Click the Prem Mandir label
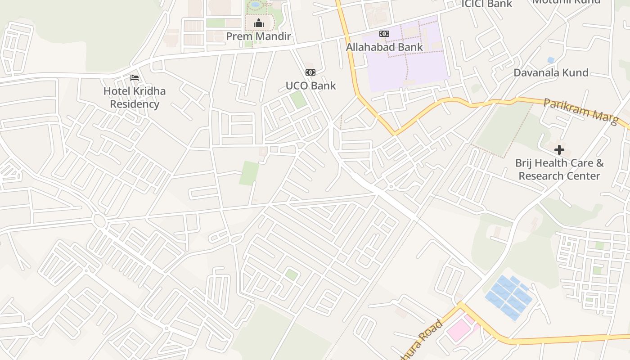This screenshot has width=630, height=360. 258,36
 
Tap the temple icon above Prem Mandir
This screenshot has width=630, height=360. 258,23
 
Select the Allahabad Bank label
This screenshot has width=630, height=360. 384,47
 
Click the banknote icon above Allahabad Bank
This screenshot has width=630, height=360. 384,34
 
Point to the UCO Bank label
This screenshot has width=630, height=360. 310,85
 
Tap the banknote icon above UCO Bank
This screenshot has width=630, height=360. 310,72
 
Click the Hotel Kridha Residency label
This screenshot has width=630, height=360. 135,98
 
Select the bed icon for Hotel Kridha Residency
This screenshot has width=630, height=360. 135,78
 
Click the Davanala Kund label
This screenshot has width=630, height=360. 551,72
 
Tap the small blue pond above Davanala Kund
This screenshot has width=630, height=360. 550,60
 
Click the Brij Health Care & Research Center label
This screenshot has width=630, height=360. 559,169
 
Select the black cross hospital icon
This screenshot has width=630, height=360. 559,150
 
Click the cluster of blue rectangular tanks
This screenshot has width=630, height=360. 508,297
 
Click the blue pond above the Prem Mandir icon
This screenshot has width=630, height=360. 256,4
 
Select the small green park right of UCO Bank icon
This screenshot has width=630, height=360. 298,99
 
